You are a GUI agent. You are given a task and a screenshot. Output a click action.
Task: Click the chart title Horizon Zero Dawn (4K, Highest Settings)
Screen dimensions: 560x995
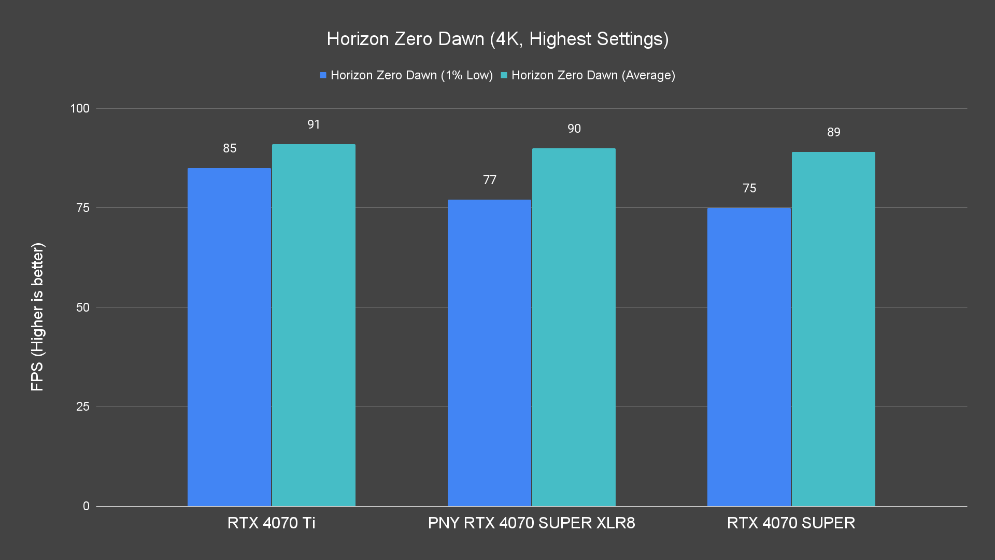point(497,39)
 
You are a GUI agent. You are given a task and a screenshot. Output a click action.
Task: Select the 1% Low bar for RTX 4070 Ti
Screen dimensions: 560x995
point(229,337)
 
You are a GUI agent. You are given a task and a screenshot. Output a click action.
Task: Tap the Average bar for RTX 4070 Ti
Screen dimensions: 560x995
point(314,325)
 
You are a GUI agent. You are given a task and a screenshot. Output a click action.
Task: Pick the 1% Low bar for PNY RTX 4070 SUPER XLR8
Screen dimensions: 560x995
point(489,353)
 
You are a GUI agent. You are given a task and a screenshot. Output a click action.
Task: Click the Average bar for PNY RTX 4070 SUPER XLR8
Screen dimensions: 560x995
point(574,327)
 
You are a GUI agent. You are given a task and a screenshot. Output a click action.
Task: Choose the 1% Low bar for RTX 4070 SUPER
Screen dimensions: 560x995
point(749,357)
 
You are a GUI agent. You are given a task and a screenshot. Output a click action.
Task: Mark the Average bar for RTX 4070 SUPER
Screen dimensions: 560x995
point(833,329)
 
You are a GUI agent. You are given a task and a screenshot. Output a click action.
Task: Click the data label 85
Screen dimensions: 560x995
point(230,148)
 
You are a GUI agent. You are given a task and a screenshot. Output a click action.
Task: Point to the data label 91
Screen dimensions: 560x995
point(314,124)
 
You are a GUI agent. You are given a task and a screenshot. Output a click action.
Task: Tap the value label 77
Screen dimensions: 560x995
point(490,180)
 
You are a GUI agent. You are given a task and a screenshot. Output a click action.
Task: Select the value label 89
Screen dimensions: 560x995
point(834,132)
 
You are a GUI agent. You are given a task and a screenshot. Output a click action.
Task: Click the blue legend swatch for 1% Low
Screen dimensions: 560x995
point(323,76)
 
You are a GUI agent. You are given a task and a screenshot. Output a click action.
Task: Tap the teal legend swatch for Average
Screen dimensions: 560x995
point(504,76)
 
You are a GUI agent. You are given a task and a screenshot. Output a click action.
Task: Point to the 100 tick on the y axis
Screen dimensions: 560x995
point(80,108)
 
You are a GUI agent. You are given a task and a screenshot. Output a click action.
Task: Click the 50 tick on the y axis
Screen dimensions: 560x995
point(83,307)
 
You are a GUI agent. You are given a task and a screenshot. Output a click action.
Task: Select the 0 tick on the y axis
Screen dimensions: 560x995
point(86,506)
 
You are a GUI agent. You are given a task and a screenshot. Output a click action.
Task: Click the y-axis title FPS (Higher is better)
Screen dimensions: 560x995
point(37,316)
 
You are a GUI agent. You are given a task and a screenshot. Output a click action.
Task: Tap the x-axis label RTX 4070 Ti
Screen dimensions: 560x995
point(271,523)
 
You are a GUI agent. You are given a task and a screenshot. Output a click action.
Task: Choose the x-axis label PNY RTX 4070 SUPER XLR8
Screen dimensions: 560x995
point(531,523)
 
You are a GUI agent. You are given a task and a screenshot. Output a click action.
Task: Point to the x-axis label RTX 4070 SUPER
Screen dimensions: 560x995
point(791,523)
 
